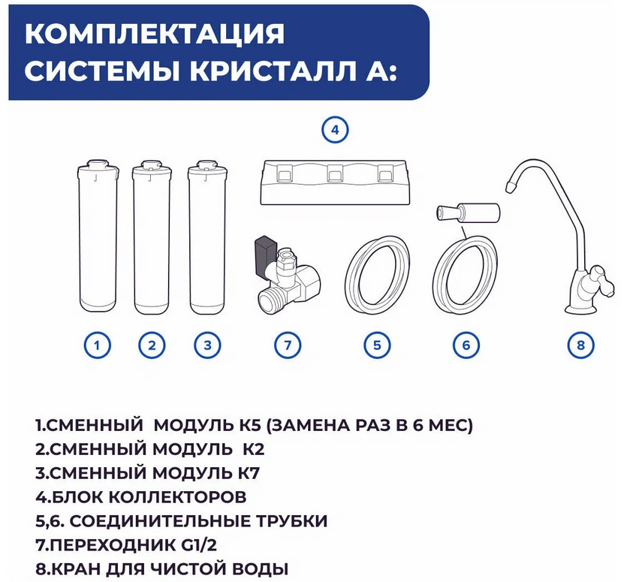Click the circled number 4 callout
(x=335, y=130)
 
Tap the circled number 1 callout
(x=97, y=345)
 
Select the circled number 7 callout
(x=288, y=345)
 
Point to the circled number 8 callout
(x=580, y=345)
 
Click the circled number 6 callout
(x=466, y=345)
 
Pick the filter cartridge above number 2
(x=152, y=237)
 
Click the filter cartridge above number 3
(x=208, y=237)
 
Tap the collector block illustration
(x=333, y=182)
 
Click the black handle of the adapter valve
(x=264, y=255)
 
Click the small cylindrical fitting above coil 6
(x=469, y=213)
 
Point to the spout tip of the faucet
(x=511, y=185)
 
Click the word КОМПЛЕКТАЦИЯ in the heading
(x=155, y=34)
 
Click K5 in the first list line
(x=249, y=425)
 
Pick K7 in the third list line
(x=249, y=473)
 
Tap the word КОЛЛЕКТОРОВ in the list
(x=177, y=497)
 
